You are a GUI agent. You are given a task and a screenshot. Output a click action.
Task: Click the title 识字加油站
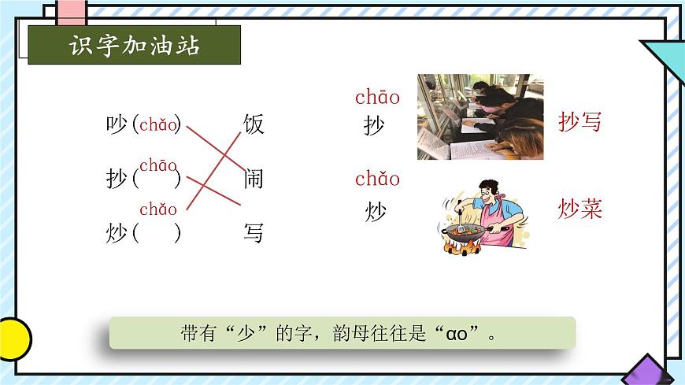coord(134,46)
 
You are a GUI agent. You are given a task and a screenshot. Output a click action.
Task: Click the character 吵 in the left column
coord(117,124)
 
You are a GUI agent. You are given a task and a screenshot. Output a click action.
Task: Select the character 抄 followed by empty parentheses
coord(117,180)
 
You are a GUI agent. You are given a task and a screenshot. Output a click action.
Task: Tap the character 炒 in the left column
coord(117,233)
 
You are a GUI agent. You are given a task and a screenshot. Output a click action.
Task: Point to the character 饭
coord(254,124)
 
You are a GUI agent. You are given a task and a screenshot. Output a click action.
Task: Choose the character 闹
coord(254,179)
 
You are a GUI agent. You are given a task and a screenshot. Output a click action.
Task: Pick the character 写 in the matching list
coord(254,233)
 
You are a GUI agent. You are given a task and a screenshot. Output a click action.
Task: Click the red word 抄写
coord(579,122)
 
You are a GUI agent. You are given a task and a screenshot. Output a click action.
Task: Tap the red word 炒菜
coord(579,209)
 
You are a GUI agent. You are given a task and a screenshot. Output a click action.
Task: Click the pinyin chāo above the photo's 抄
coord(377,98)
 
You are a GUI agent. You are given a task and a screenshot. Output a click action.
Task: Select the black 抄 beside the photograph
coord(375,125)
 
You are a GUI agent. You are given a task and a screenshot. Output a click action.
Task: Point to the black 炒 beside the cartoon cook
coord(375,212)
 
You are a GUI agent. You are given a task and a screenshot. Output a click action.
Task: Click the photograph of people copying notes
coord(480,117)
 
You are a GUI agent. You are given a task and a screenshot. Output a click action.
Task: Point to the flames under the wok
coord(462,247)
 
